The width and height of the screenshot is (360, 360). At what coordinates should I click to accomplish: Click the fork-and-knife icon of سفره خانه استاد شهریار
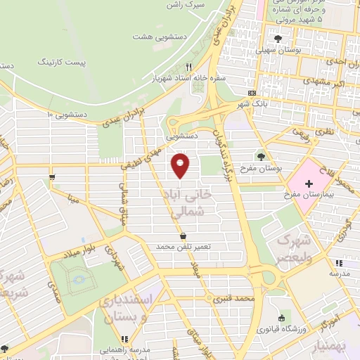click(x=188, y=67)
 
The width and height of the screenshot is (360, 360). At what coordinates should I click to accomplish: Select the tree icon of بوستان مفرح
click(x=262, y=157)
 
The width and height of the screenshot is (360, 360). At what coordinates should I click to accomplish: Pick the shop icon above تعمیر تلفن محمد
click(x=184, y=236)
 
